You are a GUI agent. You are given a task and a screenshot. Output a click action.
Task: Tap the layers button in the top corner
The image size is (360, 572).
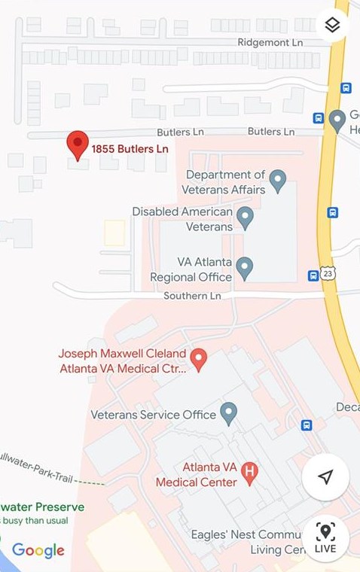332,26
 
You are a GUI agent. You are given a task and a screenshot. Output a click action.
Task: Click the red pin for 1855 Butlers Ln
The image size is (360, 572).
78,144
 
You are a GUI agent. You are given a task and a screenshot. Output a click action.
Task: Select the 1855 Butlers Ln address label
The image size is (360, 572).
130,149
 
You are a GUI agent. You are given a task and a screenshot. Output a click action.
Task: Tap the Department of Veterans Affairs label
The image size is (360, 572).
225,182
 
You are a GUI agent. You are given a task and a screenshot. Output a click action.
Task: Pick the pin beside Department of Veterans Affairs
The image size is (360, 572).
278,181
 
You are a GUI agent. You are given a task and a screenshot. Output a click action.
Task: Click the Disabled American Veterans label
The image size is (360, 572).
182,219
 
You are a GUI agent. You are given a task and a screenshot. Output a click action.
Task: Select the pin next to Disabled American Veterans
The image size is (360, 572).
244,218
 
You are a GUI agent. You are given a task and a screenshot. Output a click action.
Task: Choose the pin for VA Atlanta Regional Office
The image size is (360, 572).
244,266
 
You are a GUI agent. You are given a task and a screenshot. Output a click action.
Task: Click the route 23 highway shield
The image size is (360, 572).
328,275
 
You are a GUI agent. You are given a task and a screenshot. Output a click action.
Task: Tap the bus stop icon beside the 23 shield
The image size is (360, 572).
313,275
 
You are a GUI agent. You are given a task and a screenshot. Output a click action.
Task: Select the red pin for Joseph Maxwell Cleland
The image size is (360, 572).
198,359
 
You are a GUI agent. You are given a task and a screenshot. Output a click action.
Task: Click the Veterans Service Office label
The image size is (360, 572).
146,415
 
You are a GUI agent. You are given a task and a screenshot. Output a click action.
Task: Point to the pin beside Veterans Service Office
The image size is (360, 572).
229,412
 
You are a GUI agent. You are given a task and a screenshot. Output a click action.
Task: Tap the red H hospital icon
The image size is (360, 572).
250,472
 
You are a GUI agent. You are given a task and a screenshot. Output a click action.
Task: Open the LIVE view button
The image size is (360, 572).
325,538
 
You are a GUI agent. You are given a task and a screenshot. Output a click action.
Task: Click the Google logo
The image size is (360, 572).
38,551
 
